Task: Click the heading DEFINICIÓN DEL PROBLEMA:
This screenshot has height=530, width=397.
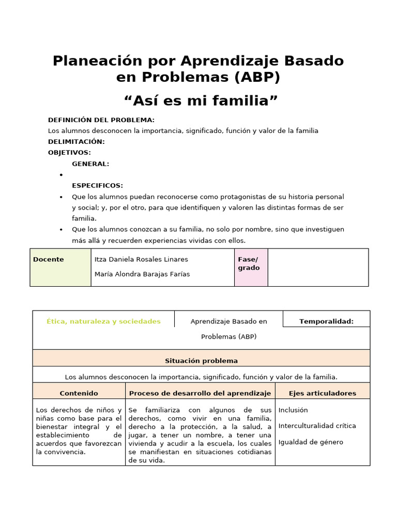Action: (x=101, y=120)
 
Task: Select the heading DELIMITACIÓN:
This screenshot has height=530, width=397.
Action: (x=77, y=142)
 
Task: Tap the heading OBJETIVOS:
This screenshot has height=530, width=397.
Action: (x=69, y=153)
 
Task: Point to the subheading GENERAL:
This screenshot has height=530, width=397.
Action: (x=90, y=164)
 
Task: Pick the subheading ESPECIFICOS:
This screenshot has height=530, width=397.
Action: (x=97, y=185)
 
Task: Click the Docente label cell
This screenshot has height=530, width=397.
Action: (x=49, y=259)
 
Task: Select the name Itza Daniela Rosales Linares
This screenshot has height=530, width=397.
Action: (x=141, y=259)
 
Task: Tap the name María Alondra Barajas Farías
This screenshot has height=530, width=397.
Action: (x=142, y=274)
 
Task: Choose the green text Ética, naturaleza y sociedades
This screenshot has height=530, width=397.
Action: (x=104, y=321)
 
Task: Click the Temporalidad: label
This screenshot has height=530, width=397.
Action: (x=326, y=321)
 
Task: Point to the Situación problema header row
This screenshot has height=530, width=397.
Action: (x=201, y=361)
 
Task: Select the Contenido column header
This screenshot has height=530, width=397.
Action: (x=79, y=393)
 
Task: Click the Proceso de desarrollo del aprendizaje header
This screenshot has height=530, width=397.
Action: (x=200, y=393)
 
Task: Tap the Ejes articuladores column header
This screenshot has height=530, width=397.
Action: (x=323, y=393)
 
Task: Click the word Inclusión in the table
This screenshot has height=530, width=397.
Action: (x=293, y=410)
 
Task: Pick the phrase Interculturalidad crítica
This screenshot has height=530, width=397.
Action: (x=317, y=426)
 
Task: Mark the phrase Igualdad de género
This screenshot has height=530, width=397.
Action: (x=311, y=442)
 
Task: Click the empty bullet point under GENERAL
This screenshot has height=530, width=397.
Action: (x=61, y=175)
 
